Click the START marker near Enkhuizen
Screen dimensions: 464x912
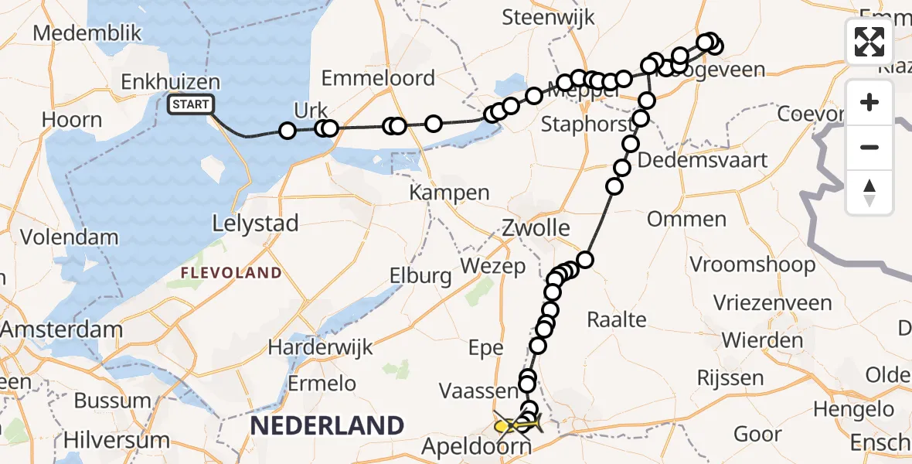pyautogui.click(x=189, y=104)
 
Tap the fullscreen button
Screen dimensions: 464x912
pyautogui.click(x=869, y=42)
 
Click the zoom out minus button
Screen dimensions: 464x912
pyautogui.click(x=869, y=147)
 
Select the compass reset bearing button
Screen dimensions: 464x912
pyautogui.click(x=869, y=192)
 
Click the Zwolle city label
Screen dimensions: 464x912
pyautogui.click(x=536, y=228)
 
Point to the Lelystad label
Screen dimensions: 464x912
pyautogui.click(x=255, y=224)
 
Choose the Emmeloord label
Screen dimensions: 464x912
pyautogui.click(x=378, y=78)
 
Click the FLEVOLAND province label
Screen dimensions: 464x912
pyautogui.click(x=232, y=272)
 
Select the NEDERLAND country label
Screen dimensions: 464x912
pyautogui.click(x=327, y=425)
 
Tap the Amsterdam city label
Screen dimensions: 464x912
pyautogui.click(x=61, y=329)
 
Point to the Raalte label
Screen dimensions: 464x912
pyautogui.click(x=617, y=319)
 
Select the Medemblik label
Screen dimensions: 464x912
pyautogui.click(x=88, y=33)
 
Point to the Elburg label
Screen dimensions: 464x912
pyautogui.click(x=420, y=275)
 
